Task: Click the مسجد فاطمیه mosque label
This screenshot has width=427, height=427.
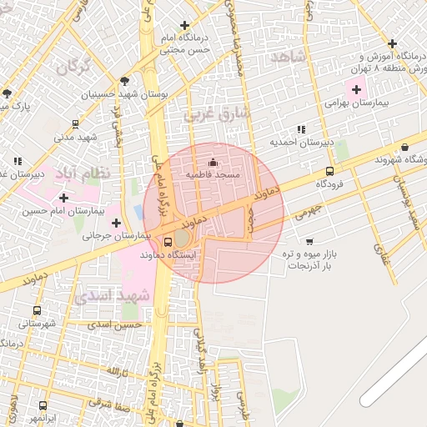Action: pyautogui.click(x=213, y=175)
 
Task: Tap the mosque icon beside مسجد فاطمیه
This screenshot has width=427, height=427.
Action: pyautogui.click(x=213, y=162)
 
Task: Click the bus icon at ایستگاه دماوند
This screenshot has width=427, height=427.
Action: pyautogui.click(x=157, y=243)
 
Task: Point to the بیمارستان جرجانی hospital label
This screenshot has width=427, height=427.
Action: pyautogui.click(x=118, y=236)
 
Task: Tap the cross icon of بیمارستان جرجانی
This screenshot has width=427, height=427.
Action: pyautogui.click(x=116, y=222)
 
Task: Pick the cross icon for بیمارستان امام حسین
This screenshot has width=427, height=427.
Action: pyautogui.click(x=64, y=198)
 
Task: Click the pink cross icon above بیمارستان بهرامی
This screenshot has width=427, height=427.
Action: pyautogui.click(x=357, y=88)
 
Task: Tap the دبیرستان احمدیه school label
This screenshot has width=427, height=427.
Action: pyautogui.click(x=301, y=143)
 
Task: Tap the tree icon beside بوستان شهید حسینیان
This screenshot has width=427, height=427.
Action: pyautogui.click(x=124, y=81)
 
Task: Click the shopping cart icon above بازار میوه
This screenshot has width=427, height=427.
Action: pyautogui.click(x=309, y=241)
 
